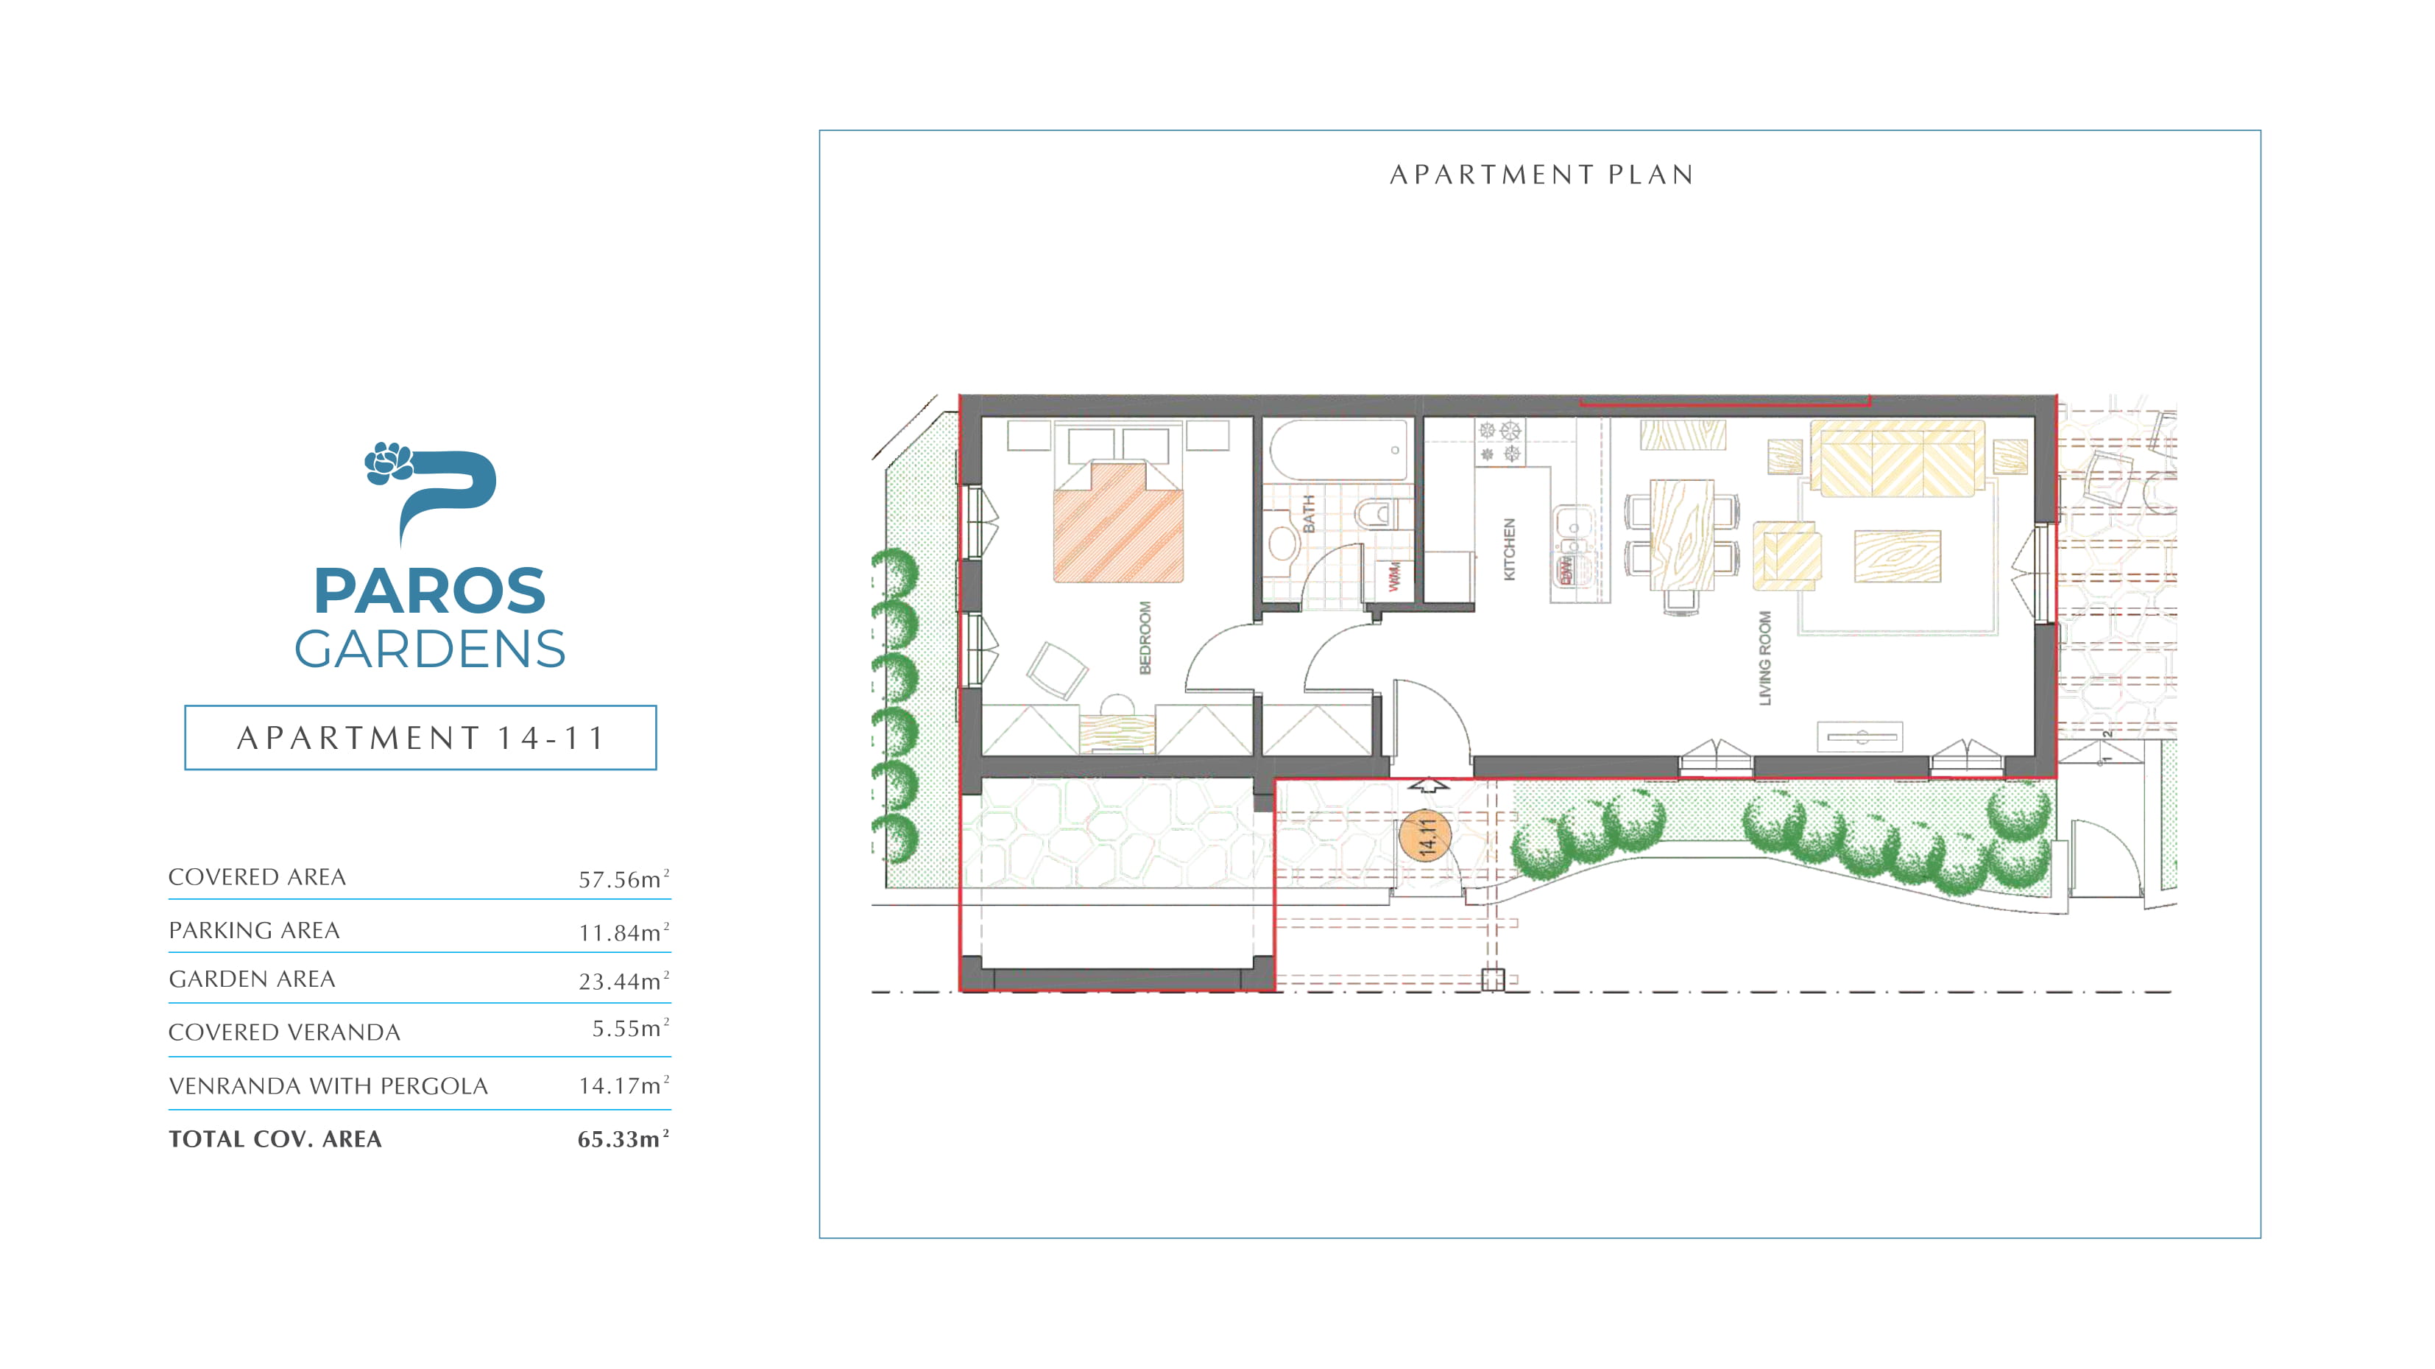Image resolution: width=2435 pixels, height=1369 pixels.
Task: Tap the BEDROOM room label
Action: (1145, 638)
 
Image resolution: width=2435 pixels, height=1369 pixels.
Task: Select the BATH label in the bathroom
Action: (1310, 514)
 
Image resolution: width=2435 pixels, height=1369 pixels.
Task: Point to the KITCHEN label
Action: (1509, 549)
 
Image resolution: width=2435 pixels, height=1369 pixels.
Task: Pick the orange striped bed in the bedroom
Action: (1118, 521)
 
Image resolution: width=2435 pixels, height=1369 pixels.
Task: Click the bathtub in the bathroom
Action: (1338, 450)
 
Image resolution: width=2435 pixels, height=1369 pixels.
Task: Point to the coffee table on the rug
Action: (1897, 556)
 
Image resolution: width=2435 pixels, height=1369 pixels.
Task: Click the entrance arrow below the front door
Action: (1428, 785)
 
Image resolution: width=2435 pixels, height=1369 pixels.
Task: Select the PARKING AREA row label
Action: (254, 930)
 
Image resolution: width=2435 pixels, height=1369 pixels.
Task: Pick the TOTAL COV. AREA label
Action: (275, 1139)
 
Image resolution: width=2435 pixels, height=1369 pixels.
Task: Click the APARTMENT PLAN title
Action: (1541, 175)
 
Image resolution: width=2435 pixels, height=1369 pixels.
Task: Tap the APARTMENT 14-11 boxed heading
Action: (420, 737)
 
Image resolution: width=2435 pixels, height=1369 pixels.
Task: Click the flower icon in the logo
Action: (389, 463)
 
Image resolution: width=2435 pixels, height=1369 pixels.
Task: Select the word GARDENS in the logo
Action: (430, 650)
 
